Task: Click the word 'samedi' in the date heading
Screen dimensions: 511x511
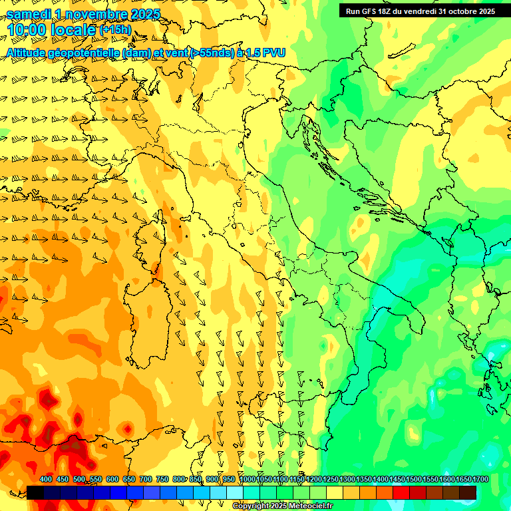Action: click(29, 14)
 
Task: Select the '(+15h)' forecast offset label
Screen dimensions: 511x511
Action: click(115, 30)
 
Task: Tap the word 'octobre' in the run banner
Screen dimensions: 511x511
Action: click(464, 11)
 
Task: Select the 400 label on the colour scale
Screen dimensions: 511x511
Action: click(46, 479)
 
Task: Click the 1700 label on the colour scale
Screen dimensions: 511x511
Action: click(462, 479)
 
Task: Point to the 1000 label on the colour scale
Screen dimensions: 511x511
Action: click(248, 479)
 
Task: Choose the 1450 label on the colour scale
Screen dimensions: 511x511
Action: click(397, 479)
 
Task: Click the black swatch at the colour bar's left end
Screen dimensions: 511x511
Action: click(35, 492)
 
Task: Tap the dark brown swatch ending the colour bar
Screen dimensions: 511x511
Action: click(468, 492)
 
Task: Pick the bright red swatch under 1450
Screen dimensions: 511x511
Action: click(401, 492)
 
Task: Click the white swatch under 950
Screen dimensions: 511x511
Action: click(235, 492)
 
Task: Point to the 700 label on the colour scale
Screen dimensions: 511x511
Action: click(146, 479)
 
